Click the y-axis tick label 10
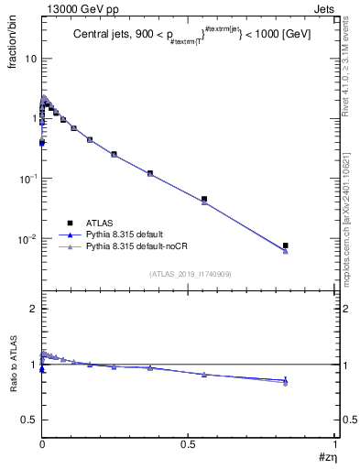tap(29, 59)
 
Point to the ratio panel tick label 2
tap(33, 310)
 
